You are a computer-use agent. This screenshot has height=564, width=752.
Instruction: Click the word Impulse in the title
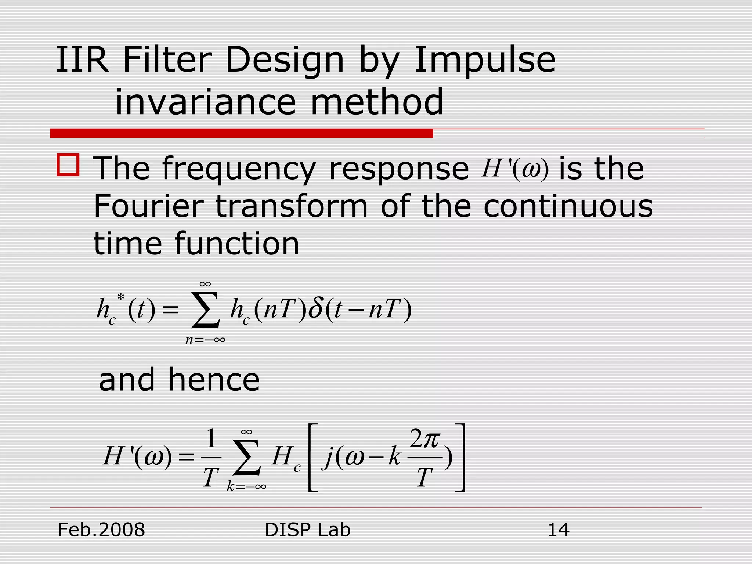[485, 61]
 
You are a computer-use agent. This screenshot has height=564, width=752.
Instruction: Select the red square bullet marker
[68, 165]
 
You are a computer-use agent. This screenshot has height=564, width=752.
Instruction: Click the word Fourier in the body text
[148, 206]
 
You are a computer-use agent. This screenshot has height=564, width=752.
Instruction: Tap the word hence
[214, 380]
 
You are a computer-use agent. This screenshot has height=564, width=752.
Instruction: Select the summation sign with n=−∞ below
[206, 310]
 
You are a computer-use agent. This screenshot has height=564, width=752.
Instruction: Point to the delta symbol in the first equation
[315, 308]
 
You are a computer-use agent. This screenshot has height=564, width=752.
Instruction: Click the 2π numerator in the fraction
[424, 439]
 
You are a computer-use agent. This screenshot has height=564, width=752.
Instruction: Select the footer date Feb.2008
[102, 530]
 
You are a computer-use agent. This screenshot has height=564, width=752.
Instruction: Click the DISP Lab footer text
[307, 530]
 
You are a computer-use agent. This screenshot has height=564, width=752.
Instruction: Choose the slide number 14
[558, 530]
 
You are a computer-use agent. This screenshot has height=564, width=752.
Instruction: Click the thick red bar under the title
[241, 133]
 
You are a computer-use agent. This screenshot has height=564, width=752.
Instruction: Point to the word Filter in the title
[167, 61]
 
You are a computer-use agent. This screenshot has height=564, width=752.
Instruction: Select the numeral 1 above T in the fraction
[211, 438]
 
